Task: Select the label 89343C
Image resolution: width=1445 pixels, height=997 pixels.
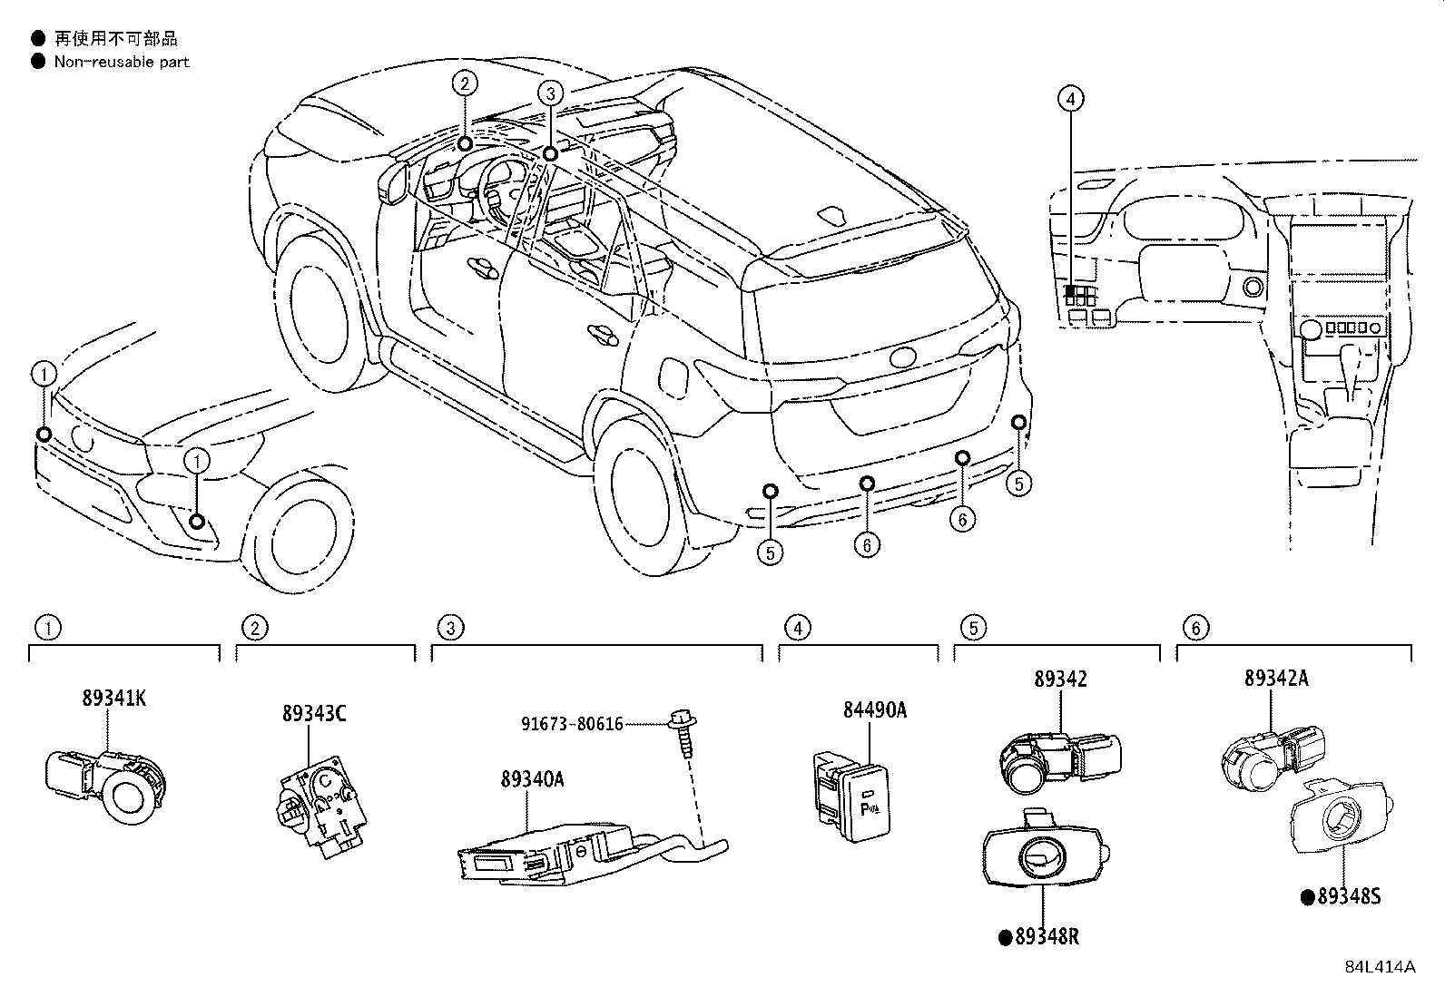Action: (313, 714)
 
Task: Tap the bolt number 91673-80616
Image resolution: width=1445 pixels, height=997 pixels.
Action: (572, 723)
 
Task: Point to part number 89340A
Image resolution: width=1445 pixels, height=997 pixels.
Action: (532, 778)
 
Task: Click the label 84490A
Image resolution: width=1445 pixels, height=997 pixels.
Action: (874, 710)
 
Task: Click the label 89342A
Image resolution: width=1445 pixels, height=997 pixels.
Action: (1276, 678)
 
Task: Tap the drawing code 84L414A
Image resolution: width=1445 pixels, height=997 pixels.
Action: (1380, 966)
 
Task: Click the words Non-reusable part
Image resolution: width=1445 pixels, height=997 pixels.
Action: (122, 62)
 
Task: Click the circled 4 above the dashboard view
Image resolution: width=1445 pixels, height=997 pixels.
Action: (1071, 98)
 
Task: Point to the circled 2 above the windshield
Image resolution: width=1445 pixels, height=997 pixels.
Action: (465, 84)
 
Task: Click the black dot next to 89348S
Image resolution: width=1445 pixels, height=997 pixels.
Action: (1308, 897)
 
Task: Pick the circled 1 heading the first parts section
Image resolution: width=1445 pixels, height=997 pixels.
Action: (47, 627)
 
